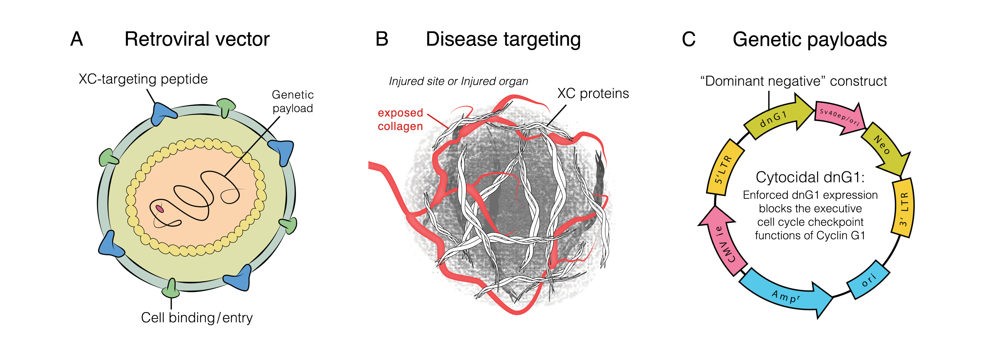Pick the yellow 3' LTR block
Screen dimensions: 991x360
902,208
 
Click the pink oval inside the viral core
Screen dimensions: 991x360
160,209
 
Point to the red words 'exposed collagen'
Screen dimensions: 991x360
400,119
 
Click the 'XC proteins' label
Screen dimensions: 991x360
593,94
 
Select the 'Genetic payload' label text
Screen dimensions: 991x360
293,101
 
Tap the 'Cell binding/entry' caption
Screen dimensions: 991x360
197,318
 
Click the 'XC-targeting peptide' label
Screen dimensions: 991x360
143,79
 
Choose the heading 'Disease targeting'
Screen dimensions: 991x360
503,40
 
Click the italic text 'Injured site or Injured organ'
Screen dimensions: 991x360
458,81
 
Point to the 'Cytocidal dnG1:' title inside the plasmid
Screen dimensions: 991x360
810,177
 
